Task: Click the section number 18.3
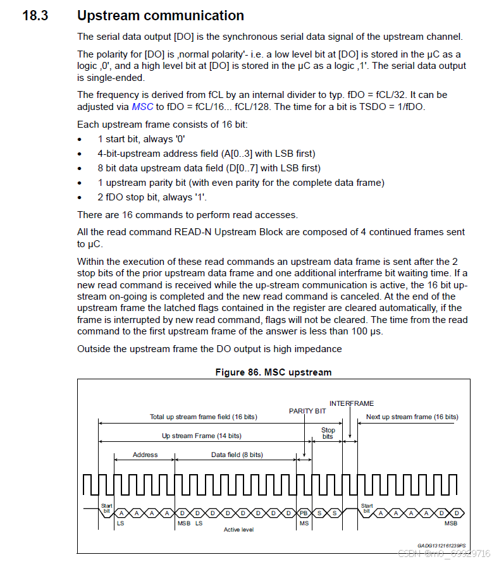35,16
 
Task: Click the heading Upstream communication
160,16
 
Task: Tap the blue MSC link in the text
142,107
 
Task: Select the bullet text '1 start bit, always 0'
141,139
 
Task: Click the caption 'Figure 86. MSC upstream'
273,372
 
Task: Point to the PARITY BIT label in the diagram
307,411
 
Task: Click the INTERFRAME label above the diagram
352,403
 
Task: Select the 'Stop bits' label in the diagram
328,433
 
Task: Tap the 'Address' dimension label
145,455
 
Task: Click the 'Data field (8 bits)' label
237,455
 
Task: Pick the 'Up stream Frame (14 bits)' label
201,436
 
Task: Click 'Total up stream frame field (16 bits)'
203,417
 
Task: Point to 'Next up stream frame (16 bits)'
412,417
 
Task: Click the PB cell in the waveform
304,513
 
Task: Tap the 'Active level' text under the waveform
238,529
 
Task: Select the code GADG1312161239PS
441,545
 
